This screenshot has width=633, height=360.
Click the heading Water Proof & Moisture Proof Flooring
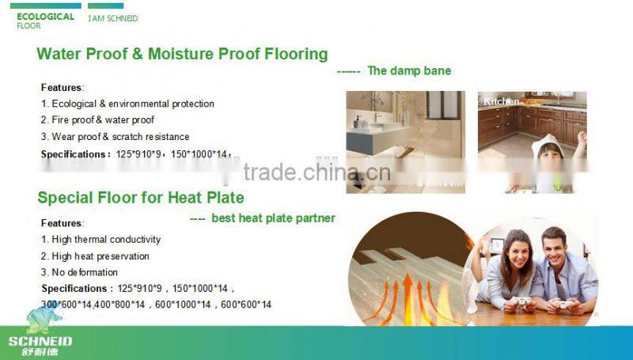coord(182,54)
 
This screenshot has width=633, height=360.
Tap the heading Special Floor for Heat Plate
coord(141,197)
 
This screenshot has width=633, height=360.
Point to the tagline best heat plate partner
coord(273,218)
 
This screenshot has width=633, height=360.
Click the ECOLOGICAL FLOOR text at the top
coord(45,20)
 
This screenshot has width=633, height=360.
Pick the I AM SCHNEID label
coord(112,17)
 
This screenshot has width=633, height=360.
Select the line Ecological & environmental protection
coord(127,104)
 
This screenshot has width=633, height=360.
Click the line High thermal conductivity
coord(100,239)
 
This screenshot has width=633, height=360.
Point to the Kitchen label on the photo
coord(502,101)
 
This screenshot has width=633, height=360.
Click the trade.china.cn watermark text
coord(316,173)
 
